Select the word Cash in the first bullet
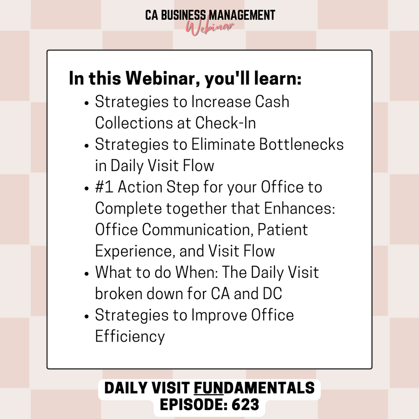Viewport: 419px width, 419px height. tap(272, 101)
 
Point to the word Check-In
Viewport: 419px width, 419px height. tap(225, 123)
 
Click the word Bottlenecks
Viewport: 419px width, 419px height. tap(302, 144)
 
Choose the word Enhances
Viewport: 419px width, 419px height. tap(300, 208)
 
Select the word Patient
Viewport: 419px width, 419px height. tap(283, 230)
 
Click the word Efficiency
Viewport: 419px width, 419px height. tap(130, 336)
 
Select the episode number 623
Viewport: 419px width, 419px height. tap(246, 405)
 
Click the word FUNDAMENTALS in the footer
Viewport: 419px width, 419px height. tap(254, 388)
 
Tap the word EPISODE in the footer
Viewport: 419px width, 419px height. tap(194, 405)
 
